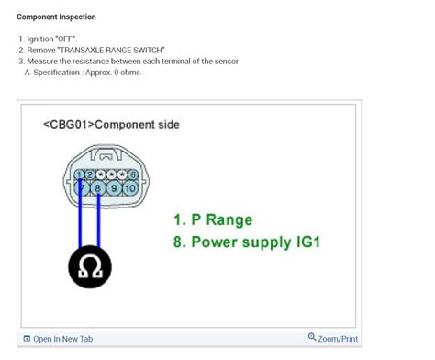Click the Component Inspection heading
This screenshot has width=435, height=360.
56,17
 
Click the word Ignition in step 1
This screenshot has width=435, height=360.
41,39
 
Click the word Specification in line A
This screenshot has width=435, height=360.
58,73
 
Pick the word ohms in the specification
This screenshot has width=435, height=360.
128,73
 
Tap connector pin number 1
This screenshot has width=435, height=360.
81,174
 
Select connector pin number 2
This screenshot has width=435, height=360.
91,174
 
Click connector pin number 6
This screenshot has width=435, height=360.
133,174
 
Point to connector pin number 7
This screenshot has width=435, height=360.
85,186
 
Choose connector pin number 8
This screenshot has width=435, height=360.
98,186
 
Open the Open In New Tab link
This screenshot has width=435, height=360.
62,339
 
